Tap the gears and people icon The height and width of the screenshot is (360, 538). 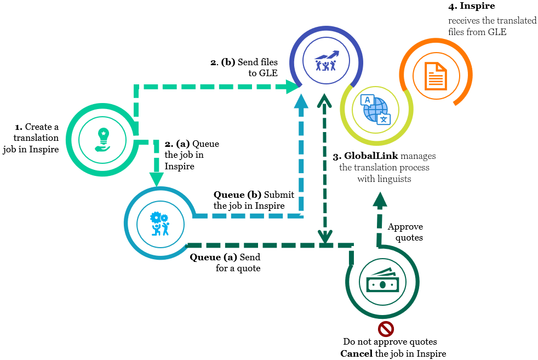click(160, 224)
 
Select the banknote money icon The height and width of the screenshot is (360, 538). click(382, 281)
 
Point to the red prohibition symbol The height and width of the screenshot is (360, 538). click(386, 329)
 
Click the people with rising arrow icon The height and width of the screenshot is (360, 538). click(327, 61)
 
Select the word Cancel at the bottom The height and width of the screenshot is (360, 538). click(357, 353)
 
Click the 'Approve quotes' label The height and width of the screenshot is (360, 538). click(405, 231)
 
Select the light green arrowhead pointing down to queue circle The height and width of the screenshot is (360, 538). click(157, 179)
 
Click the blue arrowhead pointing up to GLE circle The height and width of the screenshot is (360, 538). click(301, 102)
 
